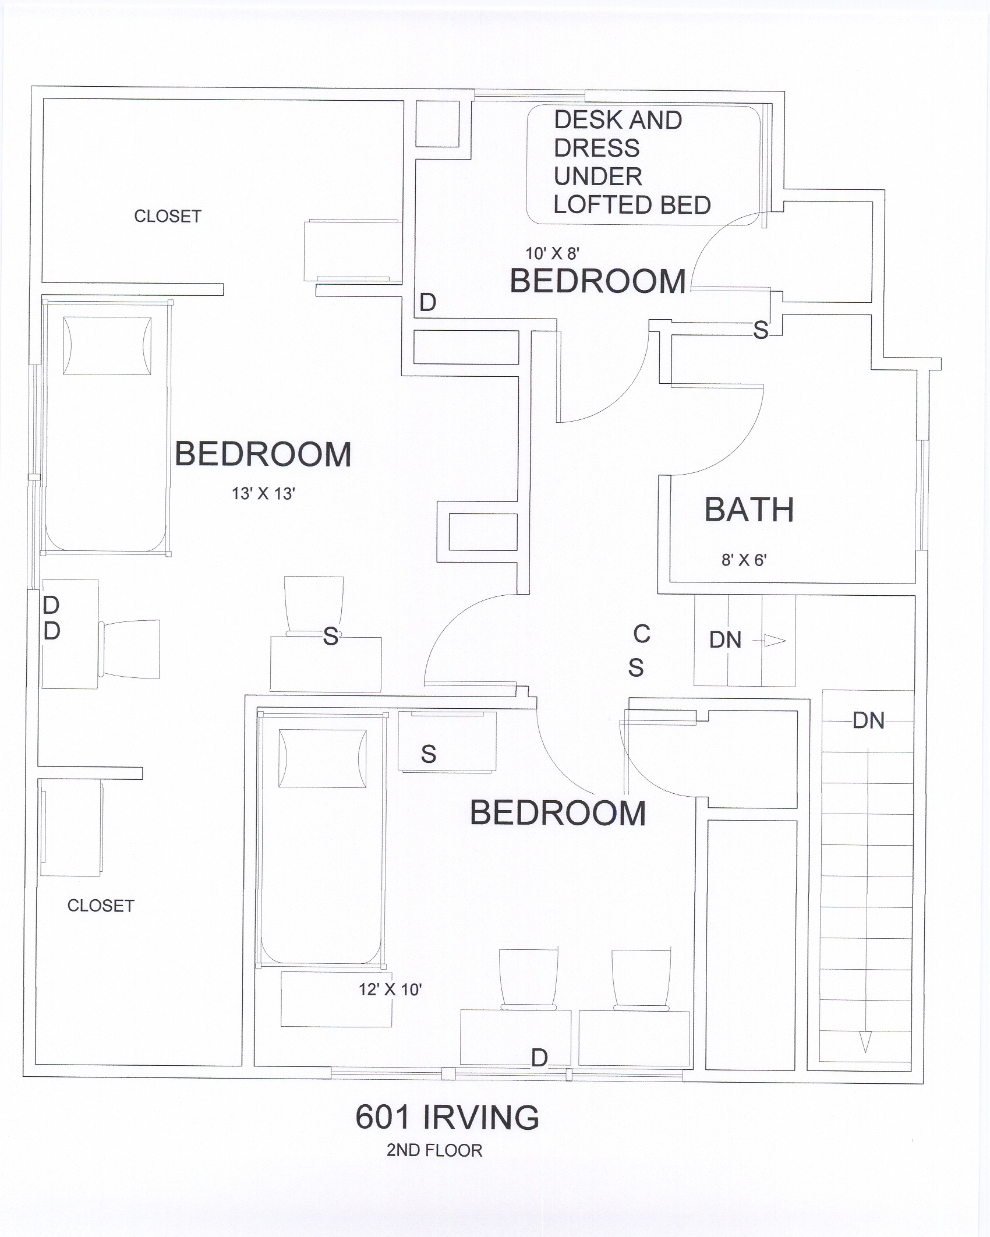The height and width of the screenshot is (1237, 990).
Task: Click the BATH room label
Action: click(x=749, y=510)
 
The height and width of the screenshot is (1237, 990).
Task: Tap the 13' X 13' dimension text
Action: click(x=263, y=494)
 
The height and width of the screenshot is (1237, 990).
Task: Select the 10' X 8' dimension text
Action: click(x=552, y=253)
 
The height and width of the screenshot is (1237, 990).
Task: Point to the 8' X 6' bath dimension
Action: click(x=744, y=560)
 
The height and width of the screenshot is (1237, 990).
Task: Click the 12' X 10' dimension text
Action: click(x=390, y=989)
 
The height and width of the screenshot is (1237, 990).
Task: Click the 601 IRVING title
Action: click(x=447, y=1117)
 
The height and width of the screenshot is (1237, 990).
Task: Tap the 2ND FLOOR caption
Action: click(x=434, y=1151)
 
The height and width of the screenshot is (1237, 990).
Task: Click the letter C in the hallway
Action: click(x=642, y=634)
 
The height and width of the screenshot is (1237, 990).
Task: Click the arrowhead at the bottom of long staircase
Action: click(x=865, y=1042)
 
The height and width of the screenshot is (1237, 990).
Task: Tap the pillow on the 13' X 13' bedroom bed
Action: click(x=107, y=346)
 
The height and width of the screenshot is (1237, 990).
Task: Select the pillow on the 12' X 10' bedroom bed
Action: click(x=323, y=758)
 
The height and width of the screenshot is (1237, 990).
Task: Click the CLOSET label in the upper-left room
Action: click(x=168, y=217)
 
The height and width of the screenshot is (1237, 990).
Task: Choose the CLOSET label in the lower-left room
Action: click(x=101, y=906)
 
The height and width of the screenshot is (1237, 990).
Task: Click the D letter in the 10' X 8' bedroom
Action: click(x=428, y=303)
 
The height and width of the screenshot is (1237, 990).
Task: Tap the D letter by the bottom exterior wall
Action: click(x=539, y=1058)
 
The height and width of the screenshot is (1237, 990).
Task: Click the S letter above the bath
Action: click(x=761, y=330)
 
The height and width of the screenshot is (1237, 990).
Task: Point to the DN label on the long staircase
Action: click(x=868, y=721)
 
